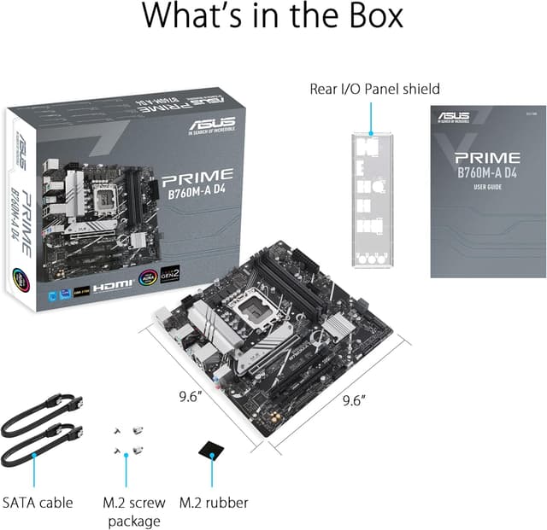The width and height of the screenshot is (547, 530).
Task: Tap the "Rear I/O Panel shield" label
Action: (x=374, y=89)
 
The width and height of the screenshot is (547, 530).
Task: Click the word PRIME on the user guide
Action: (x=486, y=157)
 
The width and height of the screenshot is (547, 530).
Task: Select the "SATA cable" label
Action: (x=38, y=503)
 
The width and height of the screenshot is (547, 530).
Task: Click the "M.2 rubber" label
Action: (x=214, y=503)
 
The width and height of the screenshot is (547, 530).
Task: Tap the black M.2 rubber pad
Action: (x=211, y=450)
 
